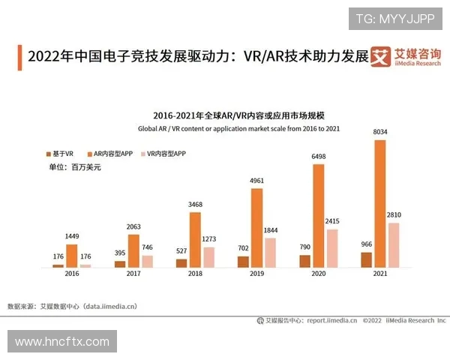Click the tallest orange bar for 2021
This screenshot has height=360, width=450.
tap(380, 203)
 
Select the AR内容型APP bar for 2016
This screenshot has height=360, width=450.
tap(72, 256)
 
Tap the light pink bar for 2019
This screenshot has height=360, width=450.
tap(270, 253)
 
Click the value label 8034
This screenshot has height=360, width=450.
tap(381, 133)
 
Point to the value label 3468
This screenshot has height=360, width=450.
tap(195, 205)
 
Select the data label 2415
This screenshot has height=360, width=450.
tap(331, 221)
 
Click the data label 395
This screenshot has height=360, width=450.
tap(120, 254)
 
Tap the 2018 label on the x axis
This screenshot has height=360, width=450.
tap(195, 274)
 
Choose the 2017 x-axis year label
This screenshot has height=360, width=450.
tap(133, 274)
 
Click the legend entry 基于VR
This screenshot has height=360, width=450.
tap(59, 153)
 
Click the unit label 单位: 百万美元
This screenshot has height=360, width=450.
tap(73, 167)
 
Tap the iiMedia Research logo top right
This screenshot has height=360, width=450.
tap(408, 58)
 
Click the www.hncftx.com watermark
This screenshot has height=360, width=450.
tap(61, 342)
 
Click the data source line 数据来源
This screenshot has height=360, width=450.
tap(72, 306)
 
